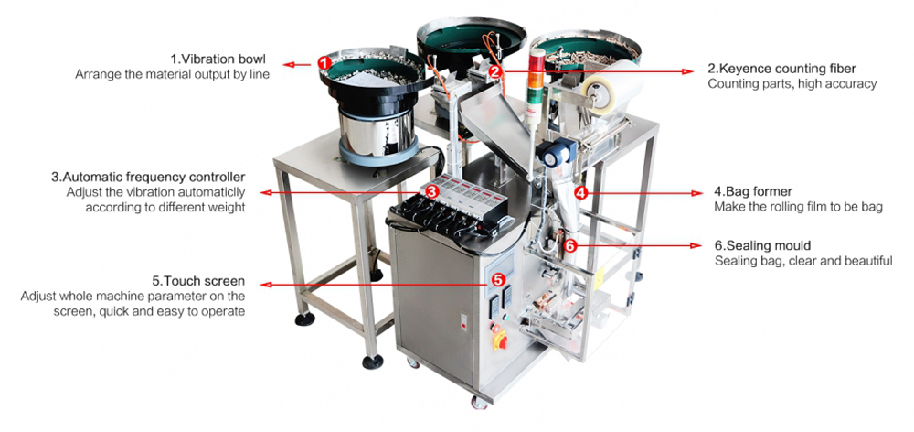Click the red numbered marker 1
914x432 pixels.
tap(324, 62)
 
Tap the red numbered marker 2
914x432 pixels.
tap(494, 71)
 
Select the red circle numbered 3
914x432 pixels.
tap(431, 191)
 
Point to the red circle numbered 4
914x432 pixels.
tap(580, 191)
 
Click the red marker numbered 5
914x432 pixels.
tap(498, 280)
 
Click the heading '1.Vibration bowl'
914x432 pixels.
tap(218, 59)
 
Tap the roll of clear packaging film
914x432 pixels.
tap(611, 87)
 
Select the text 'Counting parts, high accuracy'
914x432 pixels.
tap(792, 84)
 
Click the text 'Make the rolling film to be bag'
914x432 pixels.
tap(798, 207)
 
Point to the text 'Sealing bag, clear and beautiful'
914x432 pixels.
tap(803, 260)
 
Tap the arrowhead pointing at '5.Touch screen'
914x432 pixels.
tap(266, 285)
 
